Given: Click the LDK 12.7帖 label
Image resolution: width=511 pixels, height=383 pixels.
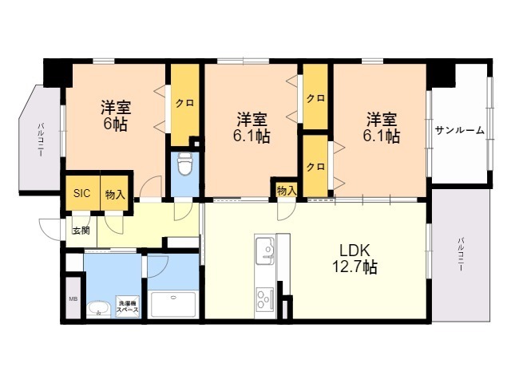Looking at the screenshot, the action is pyautogui.click(x=355, y=259).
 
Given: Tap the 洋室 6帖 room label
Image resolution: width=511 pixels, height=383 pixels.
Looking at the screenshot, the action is pyautogui.click(x=116, y=116).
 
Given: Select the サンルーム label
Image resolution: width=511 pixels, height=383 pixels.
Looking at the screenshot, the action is pyautogui.click(x=460, y=131).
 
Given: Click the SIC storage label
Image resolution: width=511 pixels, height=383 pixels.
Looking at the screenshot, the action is pyautogui.click(x=81, y=193).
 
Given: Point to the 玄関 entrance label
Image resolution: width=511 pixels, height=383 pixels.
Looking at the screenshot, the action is pyautogui.click(x=81, y=231).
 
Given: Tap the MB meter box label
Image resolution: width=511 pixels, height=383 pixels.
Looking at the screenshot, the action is pyautogui.click(x=73, y=298).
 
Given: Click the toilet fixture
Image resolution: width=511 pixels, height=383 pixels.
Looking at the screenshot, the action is pyautogui.click(x=185, y=164).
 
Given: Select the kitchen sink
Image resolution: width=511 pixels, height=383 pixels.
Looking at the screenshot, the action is pyautogui.click(x=265, y=251).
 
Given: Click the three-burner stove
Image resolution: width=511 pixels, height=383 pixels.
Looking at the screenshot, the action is pyautogui.click(x=265, y=299).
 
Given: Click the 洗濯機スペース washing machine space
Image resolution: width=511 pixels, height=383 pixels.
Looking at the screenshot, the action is pyautogui.click(x=128, y=306).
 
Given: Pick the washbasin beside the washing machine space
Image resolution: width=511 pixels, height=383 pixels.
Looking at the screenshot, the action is pyautogui.click(x=97, y=309).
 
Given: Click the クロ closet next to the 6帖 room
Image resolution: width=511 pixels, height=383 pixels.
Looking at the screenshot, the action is pyautogui.click(x=185, y=105).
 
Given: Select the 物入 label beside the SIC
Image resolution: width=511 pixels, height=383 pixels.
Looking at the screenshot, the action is pyautogui.click(x=115, y=195).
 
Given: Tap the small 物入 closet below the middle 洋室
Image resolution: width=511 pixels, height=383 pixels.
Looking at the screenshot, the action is pyautogui.click(x=287, y=190).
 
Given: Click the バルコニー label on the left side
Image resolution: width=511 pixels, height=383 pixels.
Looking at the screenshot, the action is pyautogui.click(x=41, y=140).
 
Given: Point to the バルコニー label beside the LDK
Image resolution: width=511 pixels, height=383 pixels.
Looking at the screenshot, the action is pyautogui.click(x=461, y=255).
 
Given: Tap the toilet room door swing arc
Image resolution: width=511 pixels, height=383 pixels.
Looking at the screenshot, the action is pyautogui.click(x=183, y=211).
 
